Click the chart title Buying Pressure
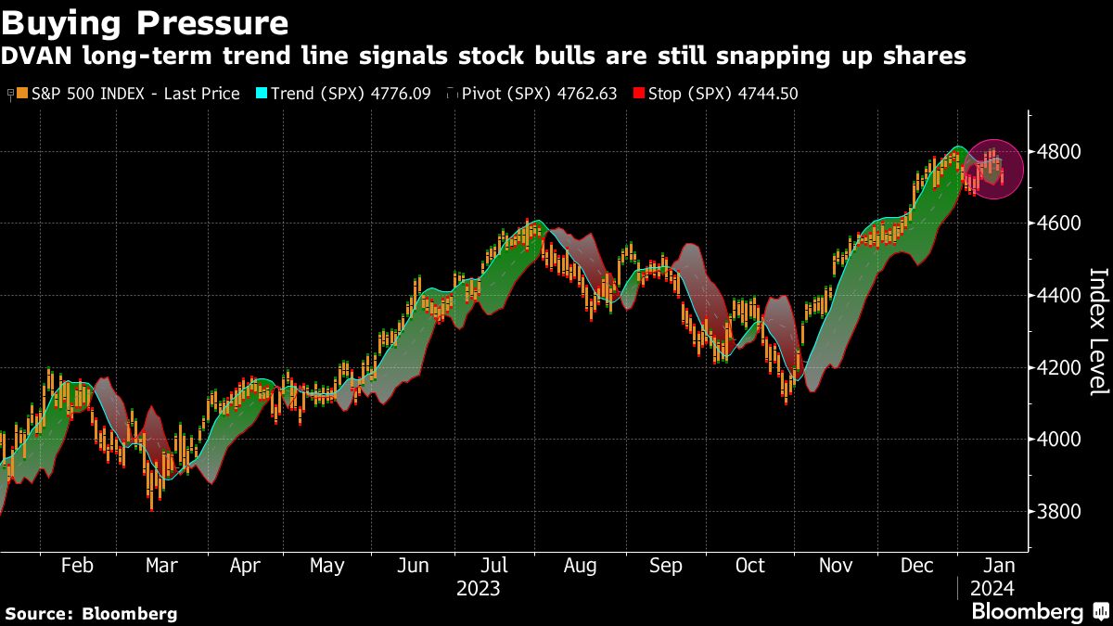[x=145, y=20]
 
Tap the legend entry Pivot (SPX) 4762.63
[x=537, y=94]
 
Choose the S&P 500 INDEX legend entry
[x=128, y=94]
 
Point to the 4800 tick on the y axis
[x=1057, y=151]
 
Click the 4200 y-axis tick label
[x=1057, y=368]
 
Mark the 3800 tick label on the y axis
[x=1057, y=512]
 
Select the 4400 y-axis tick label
[x=1057, y=296]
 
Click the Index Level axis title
[x=1097, y=331]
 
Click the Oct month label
[x=749, y=566]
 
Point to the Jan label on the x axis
[x=998, y=566]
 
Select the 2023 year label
[x=479, y=589]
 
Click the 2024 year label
[x=992, y=589]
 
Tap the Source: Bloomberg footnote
[x=91, y=613]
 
